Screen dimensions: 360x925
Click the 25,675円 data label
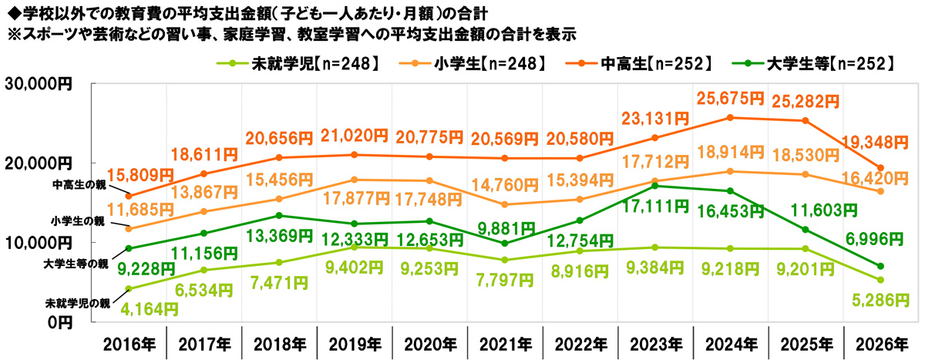point(730,99)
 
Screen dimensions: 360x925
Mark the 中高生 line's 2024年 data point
point(730,118)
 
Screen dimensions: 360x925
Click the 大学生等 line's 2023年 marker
point(655,186)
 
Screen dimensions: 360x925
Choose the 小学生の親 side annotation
point(80,221)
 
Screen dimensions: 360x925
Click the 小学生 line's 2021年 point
point(505,204)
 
